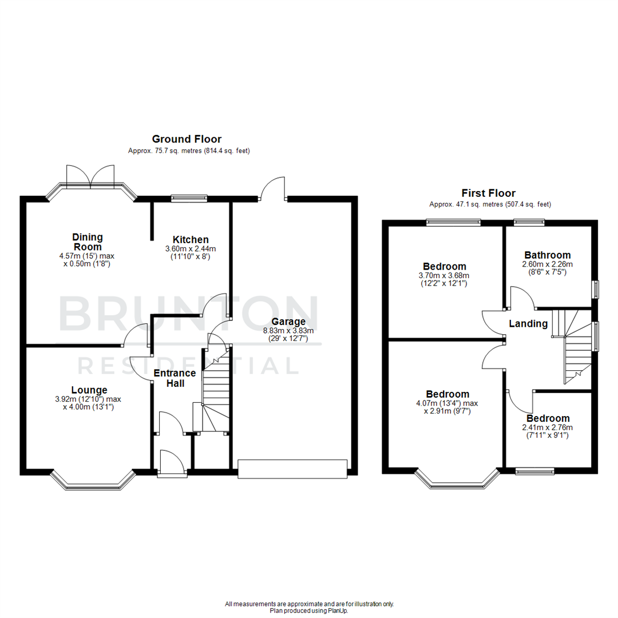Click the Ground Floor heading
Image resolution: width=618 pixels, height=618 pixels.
[x=187, y=139]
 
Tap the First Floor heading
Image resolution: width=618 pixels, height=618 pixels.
[x=489, y=193]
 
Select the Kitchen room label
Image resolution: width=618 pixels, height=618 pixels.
[x=190, y=239]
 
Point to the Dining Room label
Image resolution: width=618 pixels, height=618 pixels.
[x=87, y=241]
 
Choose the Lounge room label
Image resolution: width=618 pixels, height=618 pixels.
[x=89, y=390]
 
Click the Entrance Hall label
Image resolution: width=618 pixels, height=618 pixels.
[x=175, y=378]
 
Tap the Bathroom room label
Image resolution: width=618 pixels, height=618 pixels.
[x=547, y=255]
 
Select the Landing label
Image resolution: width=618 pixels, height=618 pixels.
[x=528, y=324]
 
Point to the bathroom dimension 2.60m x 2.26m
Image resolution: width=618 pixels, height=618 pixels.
[x=547, y=264]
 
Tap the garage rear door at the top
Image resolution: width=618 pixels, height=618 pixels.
[x=272, y=189]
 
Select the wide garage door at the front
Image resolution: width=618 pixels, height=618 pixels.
[x=292, y=469]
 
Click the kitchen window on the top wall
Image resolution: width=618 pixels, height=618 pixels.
[x=189, y=199]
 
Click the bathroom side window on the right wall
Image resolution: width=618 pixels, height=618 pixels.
[x=595, y=289]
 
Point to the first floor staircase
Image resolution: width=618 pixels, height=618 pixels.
[x=573, y=346]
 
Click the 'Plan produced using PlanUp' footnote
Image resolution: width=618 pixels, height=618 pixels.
[x=310, y=611]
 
